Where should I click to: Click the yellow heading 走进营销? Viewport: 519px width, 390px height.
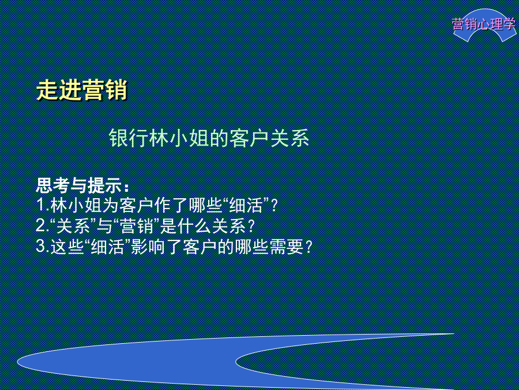tap(81, 90)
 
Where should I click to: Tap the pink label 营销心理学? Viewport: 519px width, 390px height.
tap(484, 24)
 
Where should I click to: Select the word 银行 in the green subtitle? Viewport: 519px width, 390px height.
tap(129, 138)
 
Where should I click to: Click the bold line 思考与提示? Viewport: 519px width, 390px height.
tap(82, 185)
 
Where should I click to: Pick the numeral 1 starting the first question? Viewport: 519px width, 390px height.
tap(40, 205)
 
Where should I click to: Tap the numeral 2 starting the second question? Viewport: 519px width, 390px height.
tap(40, 226)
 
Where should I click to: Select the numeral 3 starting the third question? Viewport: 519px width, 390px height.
tap(40, 246)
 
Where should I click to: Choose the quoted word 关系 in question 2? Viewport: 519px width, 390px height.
tap(73, 226)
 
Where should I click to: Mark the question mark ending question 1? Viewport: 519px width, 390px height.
tap(274, 206)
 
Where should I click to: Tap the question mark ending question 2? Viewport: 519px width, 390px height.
tap(251, 226)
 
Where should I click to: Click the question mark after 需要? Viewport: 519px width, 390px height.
tap(309, 247)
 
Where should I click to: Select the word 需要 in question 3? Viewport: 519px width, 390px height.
tap(287, 247)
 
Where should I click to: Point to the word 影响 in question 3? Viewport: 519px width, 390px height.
tap(148, 247)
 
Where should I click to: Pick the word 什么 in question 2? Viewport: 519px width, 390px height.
tap(195, 226)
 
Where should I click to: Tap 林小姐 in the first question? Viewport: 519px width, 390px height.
tap(77, 205)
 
